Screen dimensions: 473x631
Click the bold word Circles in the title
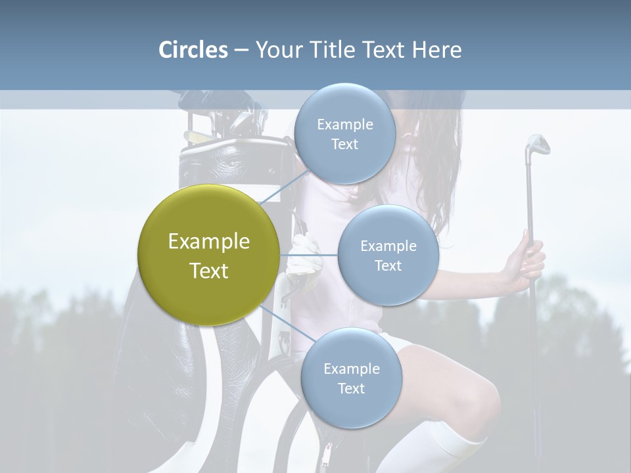click(193, 50)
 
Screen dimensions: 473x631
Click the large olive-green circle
click(208, 255)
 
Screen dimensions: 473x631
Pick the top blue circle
click(345, 133)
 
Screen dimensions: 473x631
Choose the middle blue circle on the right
click(388, 255)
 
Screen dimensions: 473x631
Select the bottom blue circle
click(351, 378)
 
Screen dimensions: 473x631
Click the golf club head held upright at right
click(537, 145)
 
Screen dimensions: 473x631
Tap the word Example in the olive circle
click(208, 242)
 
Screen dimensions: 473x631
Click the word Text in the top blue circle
click(345, 144)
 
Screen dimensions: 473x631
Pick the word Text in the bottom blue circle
click(351, 388)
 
